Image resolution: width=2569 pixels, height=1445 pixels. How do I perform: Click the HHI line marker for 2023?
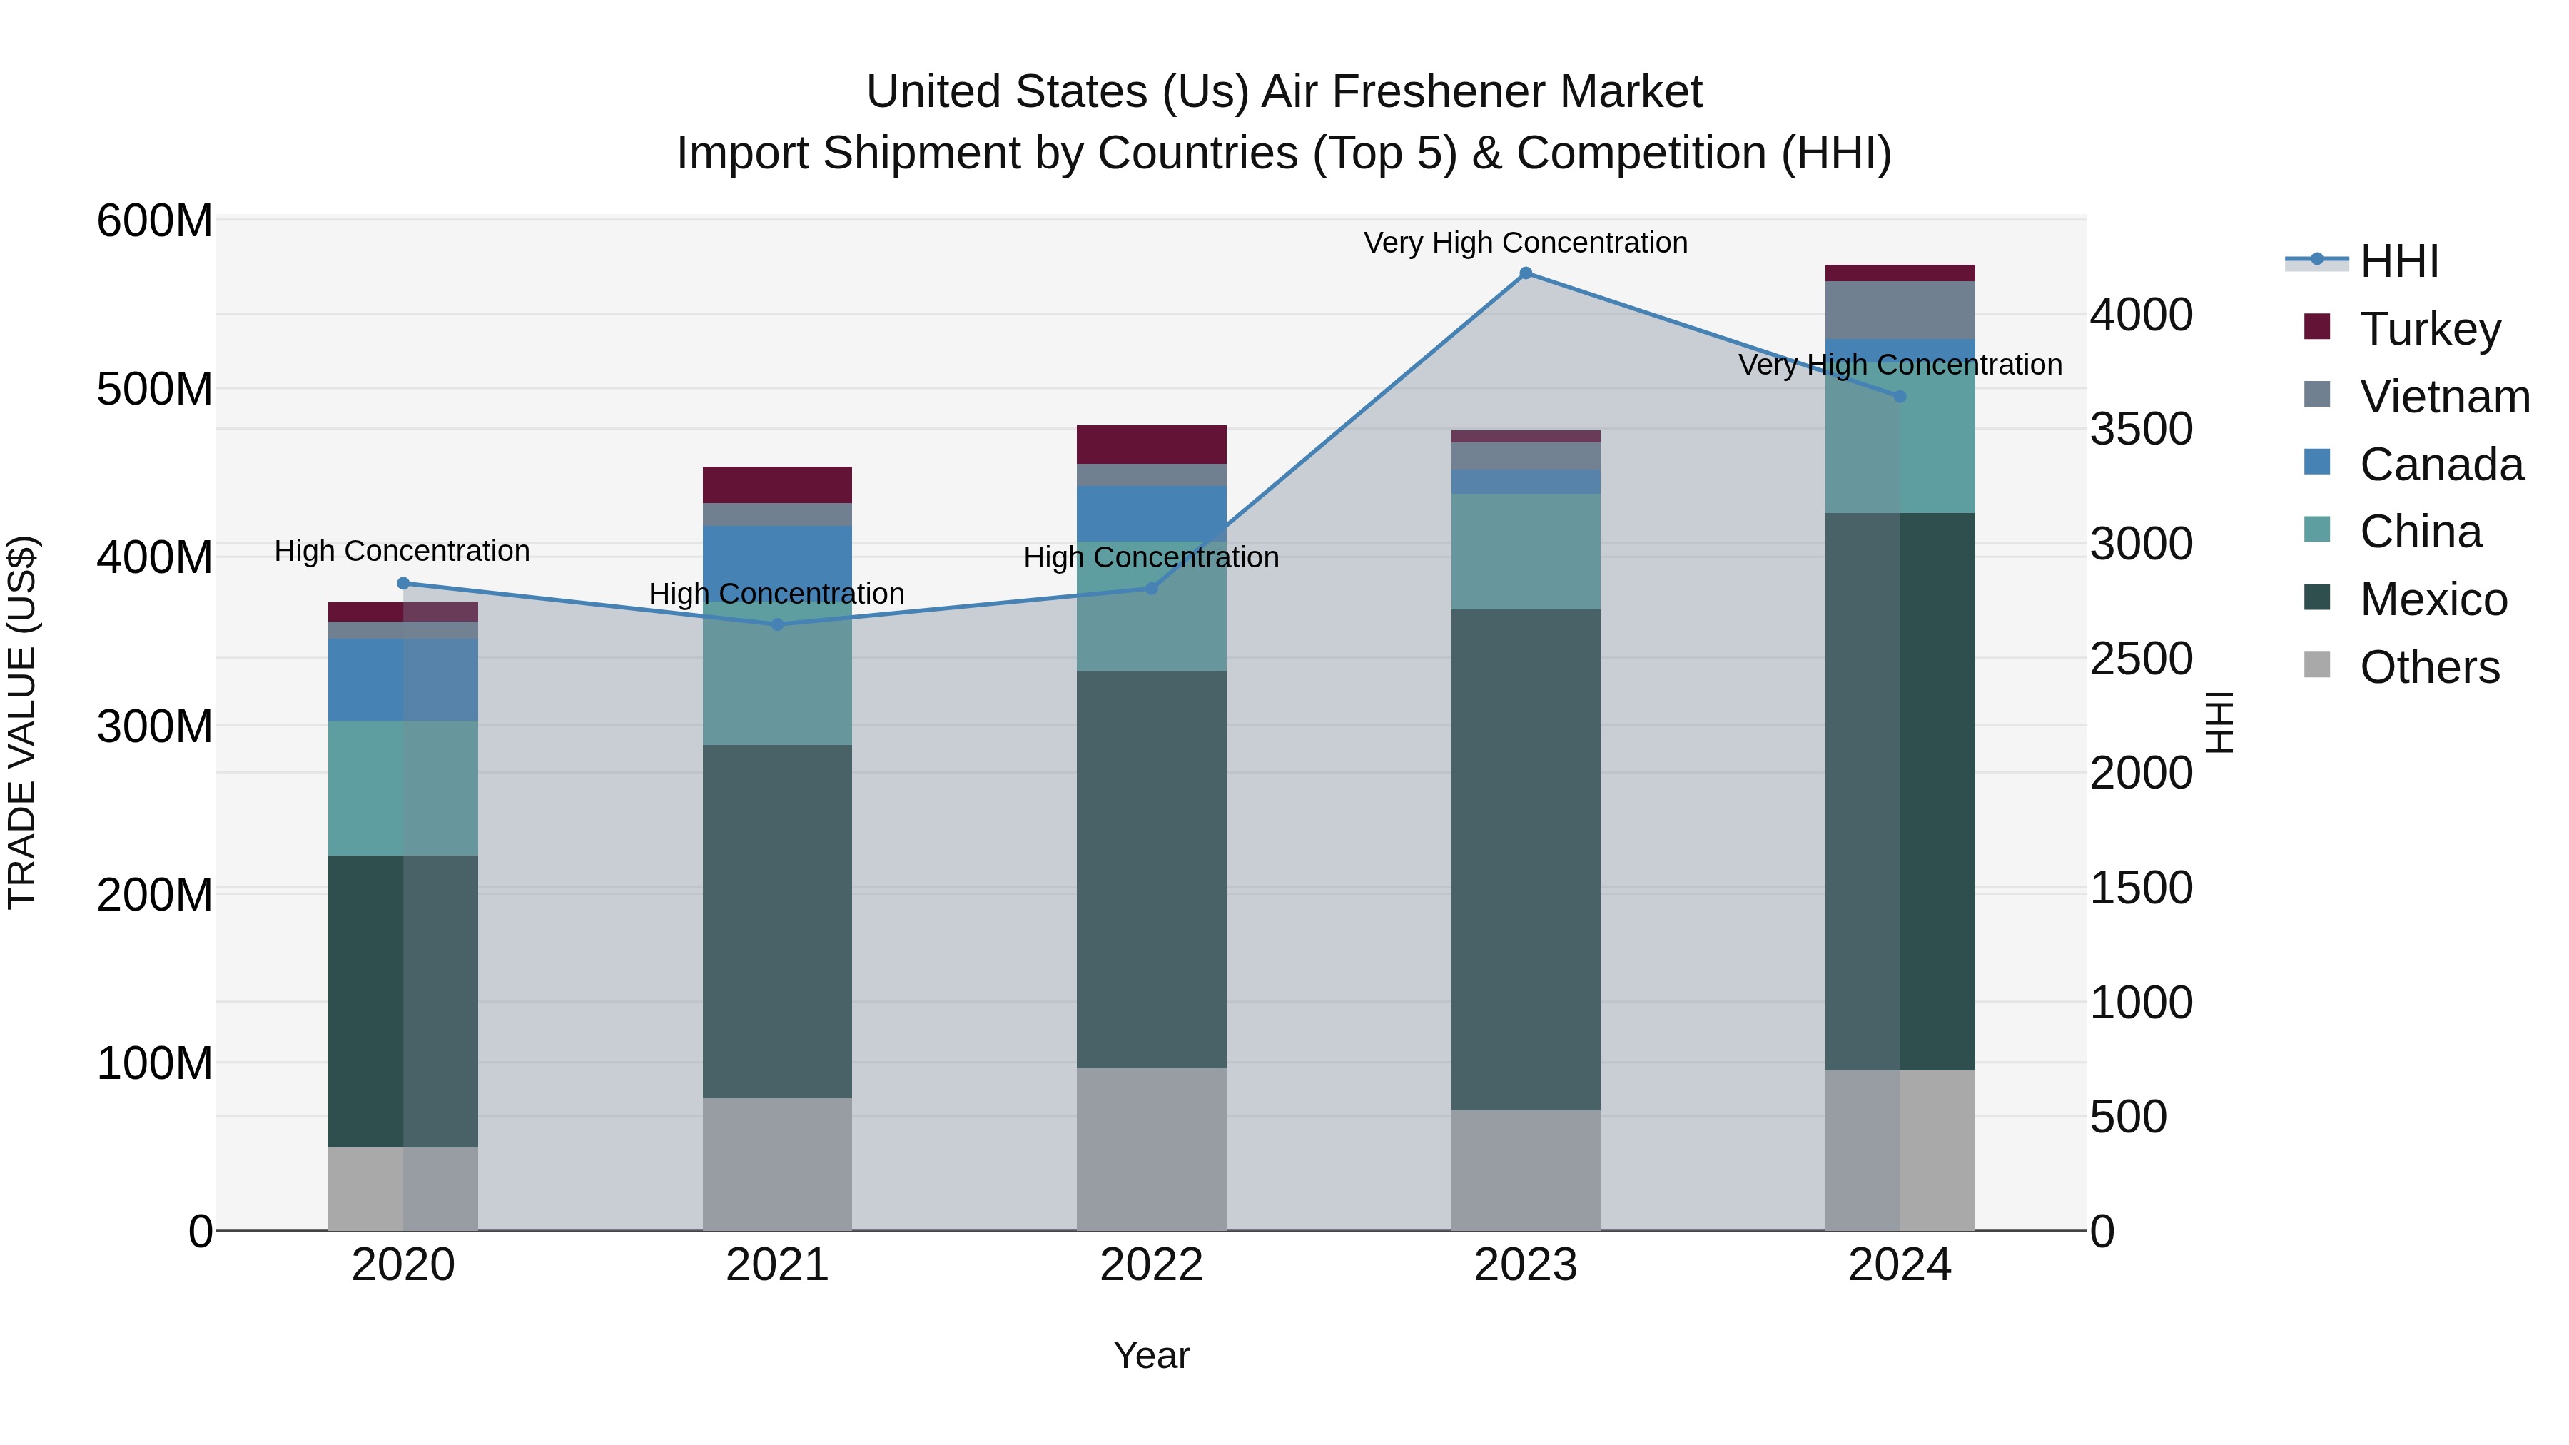pos(1525,273)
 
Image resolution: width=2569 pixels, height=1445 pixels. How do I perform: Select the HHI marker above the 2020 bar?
pos(403,584)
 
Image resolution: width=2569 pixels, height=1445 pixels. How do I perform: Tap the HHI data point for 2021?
pos(778,624)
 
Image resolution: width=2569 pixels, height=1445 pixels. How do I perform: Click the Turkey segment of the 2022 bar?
pos(1151,445)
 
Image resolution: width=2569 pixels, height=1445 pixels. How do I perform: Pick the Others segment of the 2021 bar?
pos(777,1164)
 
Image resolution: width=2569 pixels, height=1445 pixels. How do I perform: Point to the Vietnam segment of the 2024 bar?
pos(1899,310)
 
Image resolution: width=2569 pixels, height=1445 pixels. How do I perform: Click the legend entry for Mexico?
pos(2433,599)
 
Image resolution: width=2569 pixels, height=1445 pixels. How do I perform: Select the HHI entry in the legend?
pos(2398,261)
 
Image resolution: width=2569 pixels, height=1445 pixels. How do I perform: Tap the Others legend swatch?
pos(2316,665)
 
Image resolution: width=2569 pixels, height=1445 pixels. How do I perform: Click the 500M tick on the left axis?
pos(155,389)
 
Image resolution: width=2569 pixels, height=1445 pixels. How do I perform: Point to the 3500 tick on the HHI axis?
pos(2141,430)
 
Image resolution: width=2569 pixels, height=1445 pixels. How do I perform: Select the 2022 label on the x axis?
pos(1151,1265)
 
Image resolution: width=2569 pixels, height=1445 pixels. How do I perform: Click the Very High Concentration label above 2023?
pos(1525,243)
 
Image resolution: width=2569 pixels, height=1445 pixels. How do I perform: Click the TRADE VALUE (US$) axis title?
pos(22,722)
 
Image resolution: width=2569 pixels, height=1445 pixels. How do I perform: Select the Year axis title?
pos(1151,1355)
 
